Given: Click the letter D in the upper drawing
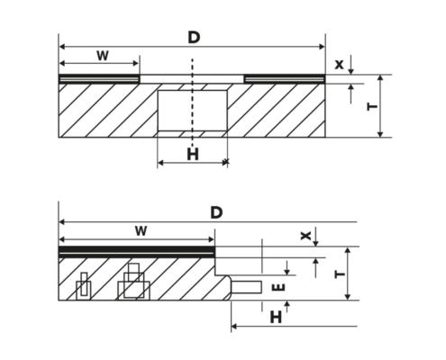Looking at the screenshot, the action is (x=194, y=38).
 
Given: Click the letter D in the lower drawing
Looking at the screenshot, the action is (x=216, y=212).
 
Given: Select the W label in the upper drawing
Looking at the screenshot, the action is (x=103, y=56).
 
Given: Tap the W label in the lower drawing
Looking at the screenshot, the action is (x=141, y=231).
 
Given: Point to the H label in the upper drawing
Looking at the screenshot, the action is (x=193, y=155).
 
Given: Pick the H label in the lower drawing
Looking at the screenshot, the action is (x=276, y=317).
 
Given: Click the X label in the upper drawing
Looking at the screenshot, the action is (x=339, y=65).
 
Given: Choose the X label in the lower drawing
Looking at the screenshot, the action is (x=305, y=236).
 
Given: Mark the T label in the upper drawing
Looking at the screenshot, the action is (x=372, y=106).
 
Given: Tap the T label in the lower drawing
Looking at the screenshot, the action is (x=340, y=274).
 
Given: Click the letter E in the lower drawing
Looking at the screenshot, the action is (x=278, y=288).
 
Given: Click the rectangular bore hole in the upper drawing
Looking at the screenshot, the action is (x=193, y=111).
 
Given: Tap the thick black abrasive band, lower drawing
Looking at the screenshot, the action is (x=137, y=249).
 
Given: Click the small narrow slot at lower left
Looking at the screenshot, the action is (x=84, y=286).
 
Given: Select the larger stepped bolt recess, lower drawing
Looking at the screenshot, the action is (x=133, y=282).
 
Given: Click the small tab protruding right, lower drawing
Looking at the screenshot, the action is (x=246, y=287).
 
